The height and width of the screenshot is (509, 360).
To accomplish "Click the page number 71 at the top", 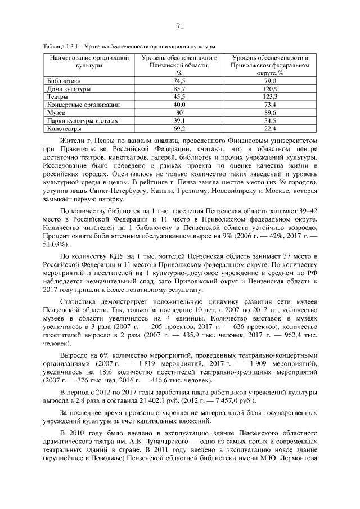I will pyautogui.click(x=180, y=26).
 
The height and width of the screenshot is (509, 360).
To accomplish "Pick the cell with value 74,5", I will pyautogui.click(x=179, y=82).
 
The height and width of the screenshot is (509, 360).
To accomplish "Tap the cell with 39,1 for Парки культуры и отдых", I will pyautogui.click(x=179, y=120).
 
